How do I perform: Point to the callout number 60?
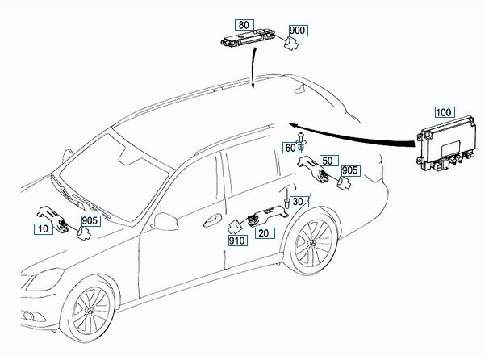[x=289, y=148]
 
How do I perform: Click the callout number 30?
[x=297, y=201]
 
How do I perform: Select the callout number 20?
[x=262, y=232]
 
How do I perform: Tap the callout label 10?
[x=42, y=229]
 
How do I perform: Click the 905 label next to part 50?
[x=349, y=170]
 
